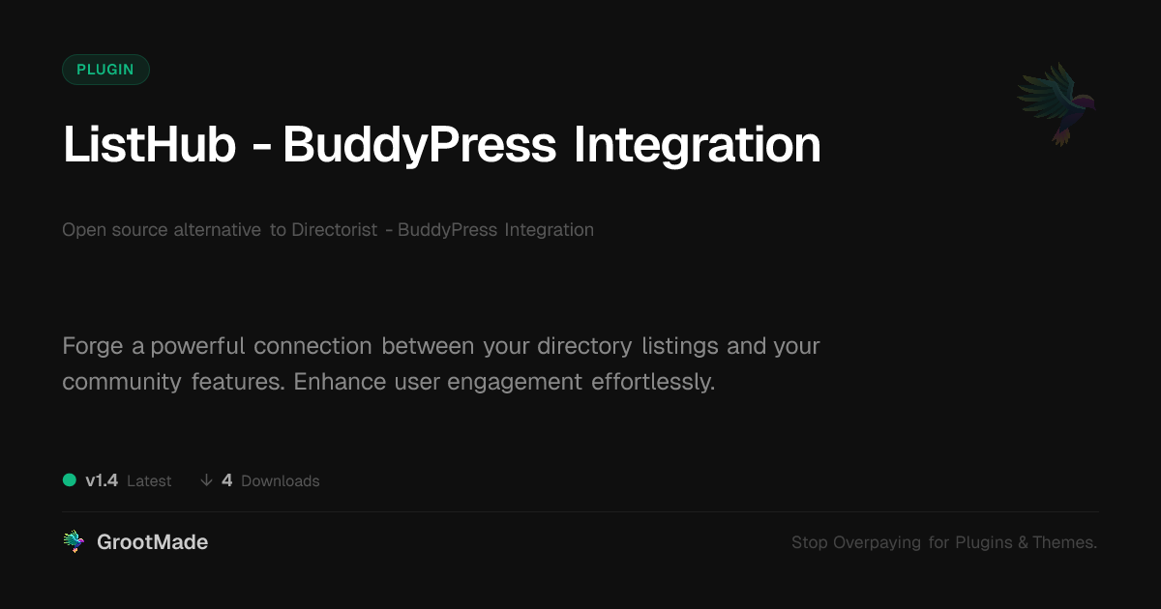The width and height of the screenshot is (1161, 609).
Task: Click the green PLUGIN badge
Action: click(105, 70)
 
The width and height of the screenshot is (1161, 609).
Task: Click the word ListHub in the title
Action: click(149, 145)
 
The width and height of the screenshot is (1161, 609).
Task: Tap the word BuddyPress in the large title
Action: click(419, 146)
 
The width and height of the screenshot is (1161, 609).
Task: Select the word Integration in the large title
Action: click(698, 146)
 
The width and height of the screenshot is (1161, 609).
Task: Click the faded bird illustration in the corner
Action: click(1057, 104)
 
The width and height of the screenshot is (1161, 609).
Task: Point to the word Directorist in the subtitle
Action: click(335, 229)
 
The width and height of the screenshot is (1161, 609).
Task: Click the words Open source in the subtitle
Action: click(114, 230)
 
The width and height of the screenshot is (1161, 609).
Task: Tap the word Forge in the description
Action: click(93, 346)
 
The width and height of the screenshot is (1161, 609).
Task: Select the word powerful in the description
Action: click(197, 345)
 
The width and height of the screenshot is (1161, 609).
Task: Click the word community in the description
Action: click(122, 382)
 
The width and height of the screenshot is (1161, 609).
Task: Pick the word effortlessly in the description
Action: click(653, 382)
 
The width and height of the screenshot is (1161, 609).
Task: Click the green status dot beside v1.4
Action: click(70, 480)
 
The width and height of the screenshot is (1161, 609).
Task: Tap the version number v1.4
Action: click(102, 480)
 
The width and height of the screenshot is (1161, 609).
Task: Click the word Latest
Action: click(149, 481)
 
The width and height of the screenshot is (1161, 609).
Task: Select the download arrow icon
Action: click(206, 480)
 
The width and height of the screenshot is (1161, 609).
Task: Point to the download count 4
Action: click(226, 480)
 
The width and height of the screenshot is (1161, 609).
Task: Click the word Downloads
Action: click(281, 481)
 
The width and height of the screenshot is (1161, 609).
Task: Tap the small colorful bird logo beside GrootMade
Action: click(74, 541)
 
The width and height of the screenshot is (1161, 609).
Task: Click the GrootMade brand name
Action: click(153, 542)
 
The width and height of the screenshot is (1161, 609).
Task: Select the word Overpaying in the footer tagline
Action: click(877, 542)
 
